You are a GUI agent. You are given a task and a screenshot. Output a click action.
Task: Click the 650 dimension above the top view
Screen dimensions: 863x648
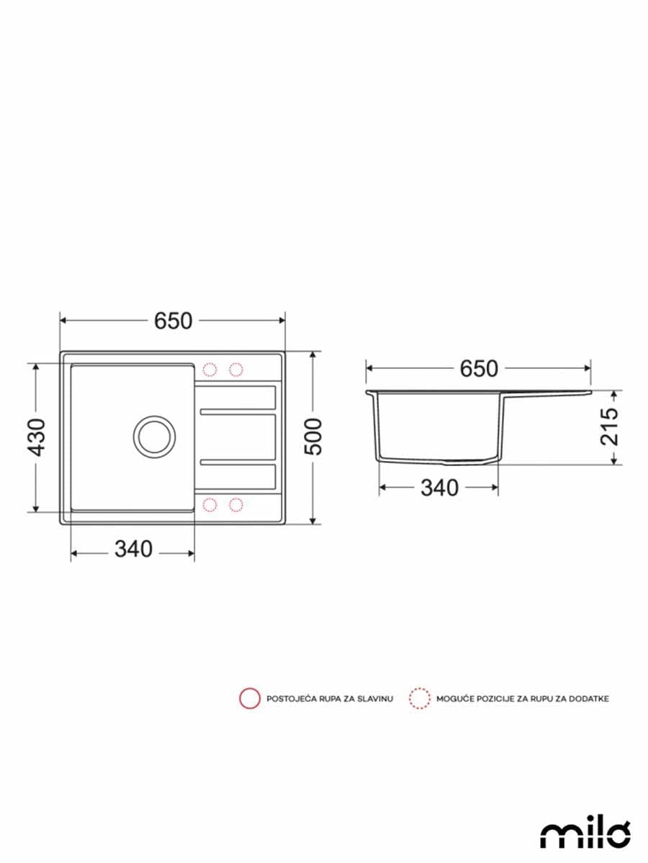coord(173,321)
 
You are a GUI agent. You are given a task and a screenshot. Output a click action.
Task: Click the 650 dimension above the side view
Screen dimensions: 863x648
coord(479,368)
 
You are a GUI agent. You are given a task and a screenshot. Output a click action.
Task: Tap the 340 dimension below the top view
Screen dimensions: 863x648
coord(133,549)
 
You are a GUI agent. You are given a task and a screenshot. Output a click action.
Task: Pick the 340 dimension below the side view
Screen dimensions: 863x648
coord(439,488)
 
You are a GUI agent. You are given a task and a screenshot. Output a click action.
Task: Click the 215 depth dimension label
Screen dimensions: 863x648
coord(610,426)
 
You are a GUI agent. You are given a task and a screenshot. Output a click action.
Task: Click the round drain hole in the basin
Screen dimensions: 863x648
coord(153,435)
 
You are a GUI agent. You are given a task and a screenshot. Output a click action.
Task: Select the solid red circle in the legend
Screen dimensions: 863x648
coord(250,698)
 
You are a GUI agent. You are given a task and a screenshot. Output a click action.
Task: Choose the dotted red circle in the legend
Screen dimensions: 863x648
coord(419,698)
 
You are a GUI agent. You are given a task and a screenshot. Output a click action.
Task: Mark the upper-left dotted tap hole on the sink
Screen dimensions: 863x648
coord(210,370)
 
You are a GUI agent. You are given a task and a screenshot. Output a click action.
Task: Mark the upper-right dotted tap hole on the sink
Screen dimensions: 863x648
coord(236,370)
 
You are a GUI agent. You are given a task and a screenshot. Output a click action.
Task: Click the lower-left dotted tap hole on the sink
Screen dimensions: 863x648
coord(210,503)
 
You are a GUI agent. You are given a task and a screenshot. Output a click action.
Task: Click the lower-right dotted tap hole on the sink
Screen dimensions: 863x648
coord(236,503)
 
